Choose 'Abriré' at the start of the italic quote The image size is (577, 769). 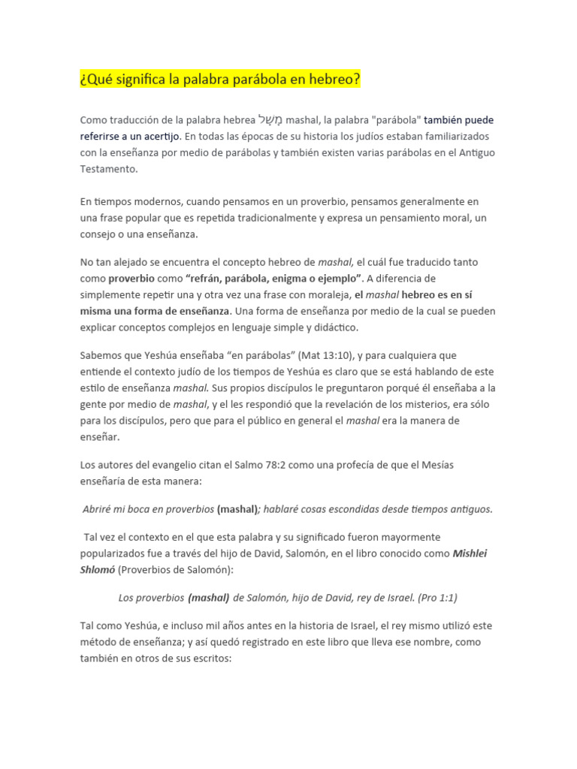coord(99,509)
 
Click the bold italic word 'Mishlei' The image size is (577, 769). coord(474,553)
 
